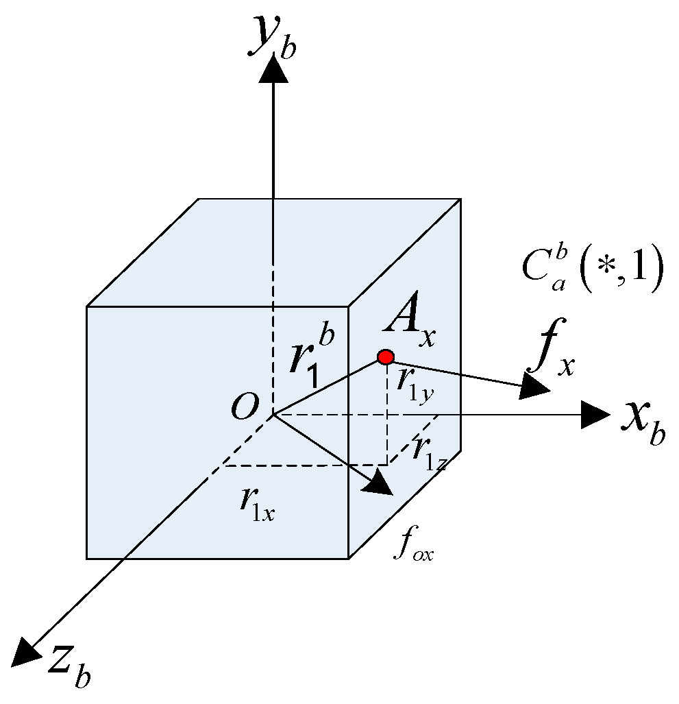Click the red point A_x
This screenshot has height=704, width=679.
(386, 357)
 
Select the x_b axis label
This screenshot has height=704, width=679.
(643, 424)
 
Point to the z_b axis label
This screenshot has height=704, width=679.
(69, 664)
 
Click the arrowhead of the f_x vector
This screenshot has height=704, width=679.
(536, 388)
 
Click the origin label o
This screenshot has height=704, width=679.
(245, 406)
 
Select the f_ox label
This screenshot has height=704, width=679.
(414, 550)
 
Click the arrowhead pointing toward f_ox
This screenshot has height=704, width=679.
(378, 484)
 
